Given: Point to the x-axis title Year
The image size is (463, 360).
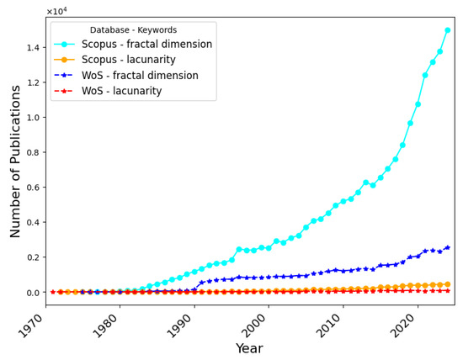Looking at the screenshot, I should coord(249,348).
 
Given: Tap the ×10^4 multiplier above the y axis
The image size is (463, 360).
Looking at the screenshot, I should coord(56,11).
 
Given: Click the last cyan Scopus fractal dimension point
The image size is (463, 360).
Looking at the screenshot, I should coord(448,30).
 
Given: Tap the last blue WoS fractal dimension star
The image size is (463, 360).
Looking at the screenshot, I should coord(448,247).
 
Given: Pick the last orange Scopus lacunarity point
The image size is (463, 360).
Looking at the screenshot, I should coord(448,284).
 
